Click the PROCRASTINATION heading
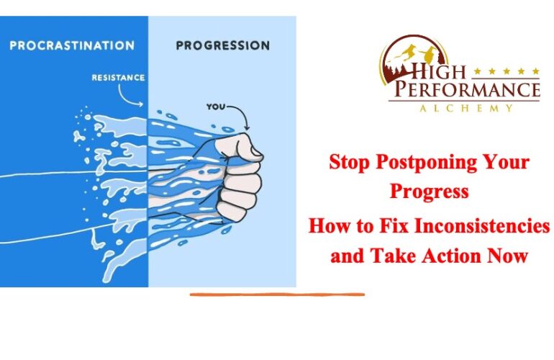[72, 45]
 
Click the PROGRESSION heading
[223, 45]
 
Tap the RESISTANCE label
[119, 78]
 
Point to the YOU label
[215, 107]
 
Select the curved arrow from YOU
[242, 113]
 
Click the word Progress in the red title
[430, 192]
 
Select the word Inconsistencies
[483, 225]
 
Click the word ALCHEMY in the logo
[466, 108]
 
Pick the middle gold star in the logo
[507, 71]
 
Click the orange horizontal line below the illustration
[277, 294]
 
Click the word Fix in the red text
[394, 225]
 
